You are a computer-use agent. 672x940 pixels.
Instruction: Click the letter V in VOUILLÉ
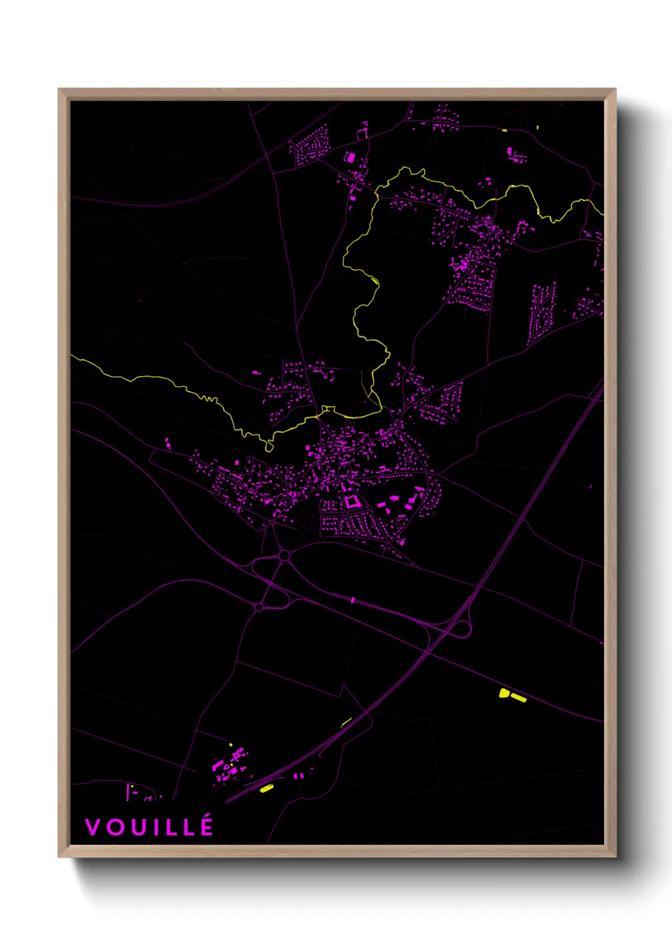pos(92,827)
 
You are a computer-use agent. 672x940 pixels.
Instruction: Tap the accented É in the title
pos(206,826)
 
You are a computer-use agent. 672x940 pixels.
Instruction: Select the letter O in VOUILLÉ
pos(114,827)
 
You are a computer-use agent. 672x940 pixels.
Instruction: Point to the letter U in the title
pos(138,827)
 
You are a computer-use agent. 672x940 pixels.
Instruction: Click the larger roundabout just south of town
pos(285,556)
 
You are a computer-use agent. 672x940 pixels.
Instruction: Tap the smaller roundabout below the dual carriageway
pos(259,607)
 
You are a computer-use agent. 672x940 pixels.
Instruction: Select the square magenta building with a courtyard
pos(351,501)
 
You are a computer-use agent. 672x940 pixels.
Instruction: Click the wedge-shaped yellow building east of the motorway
pos(504,693)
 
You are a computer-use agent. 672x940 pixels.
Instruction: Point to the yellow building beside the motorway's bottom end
pos(266,788)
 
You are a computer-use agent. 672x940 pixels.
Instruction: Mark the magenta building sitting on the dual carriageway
pos(353,600)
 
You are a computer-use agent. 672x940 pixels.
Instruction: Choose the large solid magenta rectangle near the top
pos(349,157)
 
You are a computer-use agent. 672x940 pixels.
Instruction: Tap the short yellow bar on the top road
pos(505,130)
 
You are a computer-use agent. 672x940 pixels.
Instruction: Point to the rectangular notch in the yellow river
pos(328,409)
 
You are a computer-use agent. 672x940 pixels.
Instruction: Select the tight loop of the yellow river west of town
pos(269,446)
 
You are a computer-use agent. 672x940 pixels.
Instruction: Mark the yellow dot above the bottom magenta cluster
pos(231,744)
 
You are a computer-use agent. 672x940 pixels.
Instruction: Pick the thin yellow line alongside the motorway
pos(346,722)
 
